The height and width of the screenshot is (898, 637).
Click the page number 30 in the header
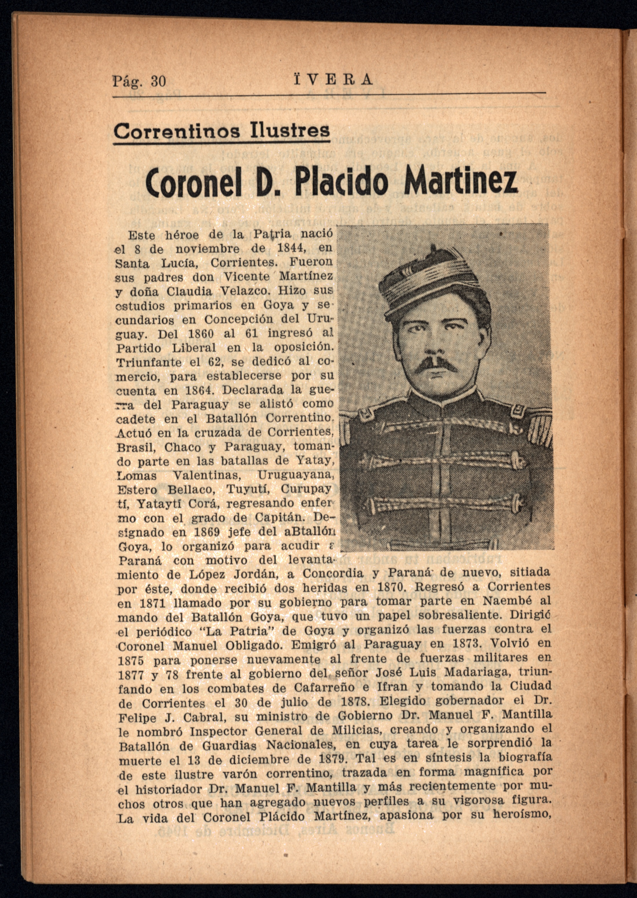point(158,81)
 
